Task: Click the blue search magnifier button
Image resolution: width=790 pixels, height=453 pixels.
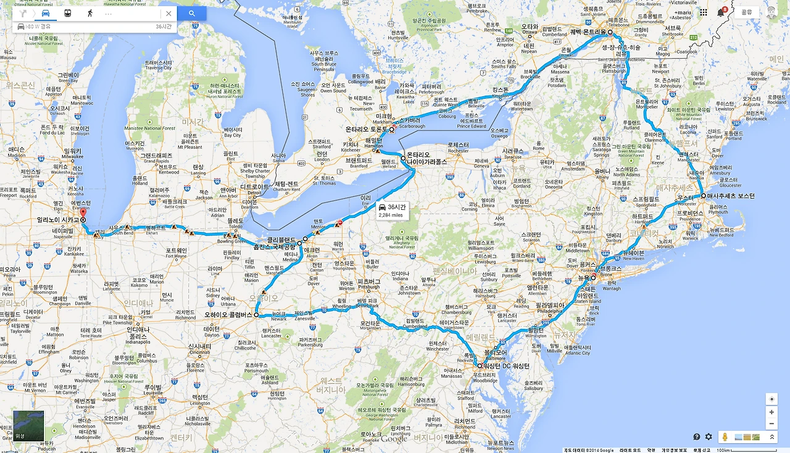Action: (192, 13)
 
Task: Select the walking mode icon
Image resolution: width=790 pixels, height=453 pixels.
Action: (89, 13)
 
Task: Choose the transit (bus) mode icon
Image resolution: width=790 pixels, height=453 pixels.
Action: (67, 13)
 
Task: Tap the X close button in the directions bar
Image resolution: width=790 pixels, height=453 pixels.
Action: (168, 13)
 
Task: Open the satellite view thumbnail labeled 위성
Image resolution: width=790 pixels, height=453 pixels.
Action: (28, 426)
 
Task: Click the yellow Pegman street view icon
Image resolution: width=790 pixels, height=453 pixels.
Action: (725, 437)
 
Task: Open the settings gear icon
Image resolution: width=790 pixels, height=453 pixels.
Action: (709, 437)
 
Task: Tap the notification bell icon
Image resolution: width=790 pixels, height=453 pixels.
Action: (721, 12)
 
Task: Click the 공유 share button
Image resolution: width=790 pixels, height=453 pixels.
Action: (746, 12)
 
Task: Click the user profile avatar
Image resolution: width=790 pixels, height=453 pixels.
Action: (771, 12)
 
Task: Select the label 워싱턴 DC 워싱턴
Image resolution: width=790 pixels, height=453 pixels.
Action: (507, 366)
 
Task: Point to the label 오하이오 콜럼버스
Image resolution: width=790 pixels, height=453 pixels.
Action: (228, 315)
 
